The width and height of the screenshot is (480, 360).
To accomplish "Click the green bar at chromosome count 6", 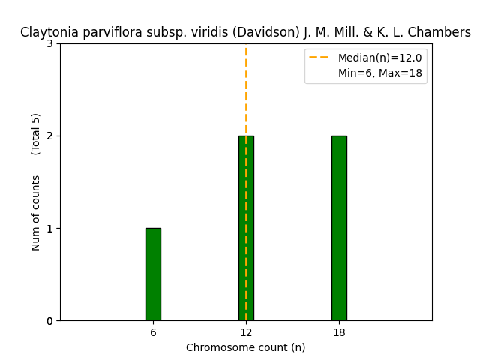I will pos(153,274).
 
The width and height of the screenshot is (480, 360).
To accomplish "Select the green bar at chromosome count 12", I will pos(246,228).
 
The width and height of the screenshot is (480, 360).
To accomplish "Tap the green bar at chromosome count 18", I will pos(339,228).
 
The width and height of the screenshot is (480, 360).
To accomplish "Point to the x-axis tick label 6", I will pos(153,332).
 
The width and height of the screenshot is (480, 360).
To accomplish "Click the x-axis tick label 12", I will pos(246,332).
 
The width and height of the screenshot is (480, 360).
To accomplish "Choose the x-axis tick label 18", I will pos(339,332).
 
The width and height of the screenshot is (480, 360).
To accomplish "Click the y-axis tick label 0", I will pos(50,321).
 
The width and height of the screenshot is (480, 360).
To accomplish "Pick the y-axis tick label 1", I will pos(50,229).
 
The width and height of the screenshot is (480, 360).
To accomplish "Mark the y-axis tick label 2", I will pos(50,136).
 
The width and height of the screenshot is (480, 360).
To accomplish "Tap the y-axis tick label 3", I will pos(50,44).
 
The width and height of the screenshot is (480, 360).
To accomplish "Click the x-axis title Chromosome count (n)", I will pos(246,347).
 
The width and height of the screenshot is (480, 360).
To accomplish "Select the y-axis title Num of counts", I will pos(36,213).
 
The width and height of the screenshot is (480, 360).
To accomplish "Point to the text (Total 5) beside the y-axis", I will pos(36,134).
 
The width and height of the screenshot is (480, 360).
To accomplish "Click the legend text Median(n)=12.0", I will pos(379,58).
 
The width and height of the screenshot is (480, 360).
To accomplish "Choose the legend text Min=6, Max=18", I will pos(379,73).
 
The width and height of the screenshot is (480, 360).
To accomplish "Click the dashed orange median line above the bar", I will pos(246,90).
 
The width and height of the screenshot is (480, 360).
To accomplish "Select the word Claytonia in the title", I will pos(46,33).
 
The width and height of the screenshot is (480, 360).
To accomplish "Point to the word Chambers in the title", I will pos(445,33).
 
